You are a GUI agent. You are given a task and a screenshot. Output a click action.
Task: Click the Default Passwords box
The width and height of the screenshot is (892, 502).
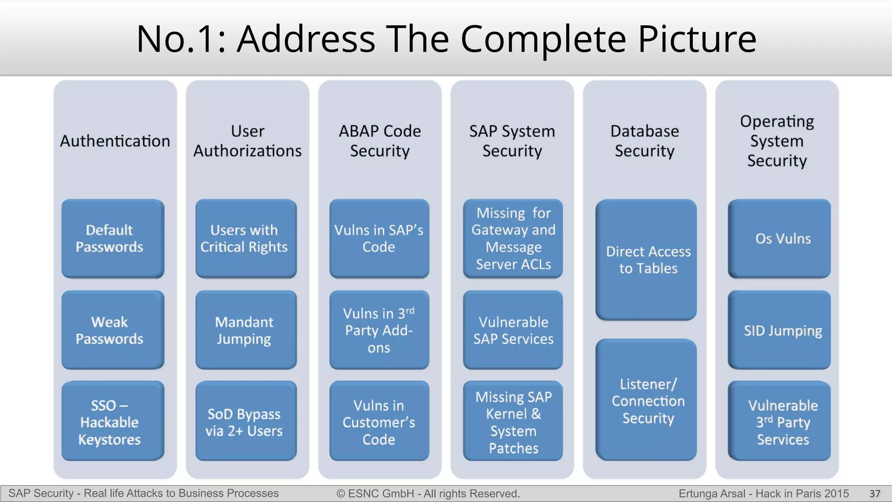(x=113, y=238)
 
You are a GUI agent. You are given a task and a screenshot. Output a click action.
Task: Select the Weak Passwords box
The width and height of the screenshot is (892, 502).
(x=113, y=330)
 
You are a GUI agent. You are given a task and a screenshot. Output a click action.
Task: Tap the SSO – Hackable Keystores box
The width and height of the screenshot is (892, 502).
(x=113, y=421)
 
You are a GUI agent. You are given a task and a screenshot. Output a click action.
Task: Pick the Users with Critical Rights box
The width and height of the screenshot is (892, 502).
(x=246, y=238)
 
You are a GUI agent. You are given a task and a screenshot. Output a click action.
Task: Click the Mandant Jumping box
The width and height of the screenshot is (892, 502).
(x=246, y=330)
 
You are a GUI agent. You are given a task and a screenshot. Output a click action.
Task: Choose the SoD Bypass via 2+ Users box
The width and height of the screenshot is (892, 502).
(x=246, y=421)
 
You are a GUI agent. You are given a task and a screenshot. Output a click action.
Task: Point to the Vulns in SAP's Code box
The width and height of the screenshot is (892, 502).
(x=379, y=238)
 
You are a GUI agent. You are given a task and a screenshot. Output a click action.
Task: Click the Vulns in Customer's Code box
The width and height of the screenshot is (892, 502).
(x=379, y=421)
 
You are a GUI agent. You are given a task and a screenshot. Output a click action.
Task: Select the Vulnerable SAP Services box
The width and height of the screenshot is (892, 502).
(x=513, y=330)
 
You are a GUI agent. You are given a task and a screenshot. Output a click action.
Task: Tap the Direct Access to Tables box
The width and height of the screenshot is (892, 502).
(x=646, y=260)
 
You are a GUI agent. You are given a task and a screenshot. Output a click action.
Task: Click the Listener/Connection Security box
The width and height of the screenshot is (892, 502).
(x=646, y=400)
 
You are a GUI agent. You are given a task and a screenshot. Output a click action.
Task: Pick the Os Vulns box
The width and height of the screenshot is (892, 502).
(x=779, y=238)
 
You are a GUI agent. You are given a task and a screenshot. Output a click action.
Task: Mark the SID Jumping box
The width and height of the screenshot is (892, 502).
(x=779, y=330)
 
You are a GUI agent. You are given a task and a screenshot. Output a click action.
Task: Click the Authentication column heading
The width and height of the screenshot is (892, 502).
(x=115, y=141)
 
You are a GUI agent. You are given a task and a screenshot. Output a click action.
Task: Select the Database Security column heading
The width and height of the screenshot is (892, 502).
(x=645, y=141)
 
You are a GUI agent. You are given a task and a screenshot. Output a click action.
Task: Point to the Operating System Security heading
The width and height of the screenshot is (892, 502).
(x=777, y=141)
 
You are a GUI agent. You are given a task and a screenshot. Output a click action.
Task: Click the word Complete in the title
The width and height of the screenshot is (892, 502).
(x=543, y=39)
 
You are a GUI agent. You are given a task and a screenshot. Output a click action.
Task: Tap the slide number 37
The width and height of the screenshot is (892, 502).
(x=875, y=494)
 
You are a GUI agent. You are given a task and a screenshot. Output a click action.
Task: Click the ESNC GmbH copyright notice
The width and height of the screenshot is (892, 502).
(x=428, y=494)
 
